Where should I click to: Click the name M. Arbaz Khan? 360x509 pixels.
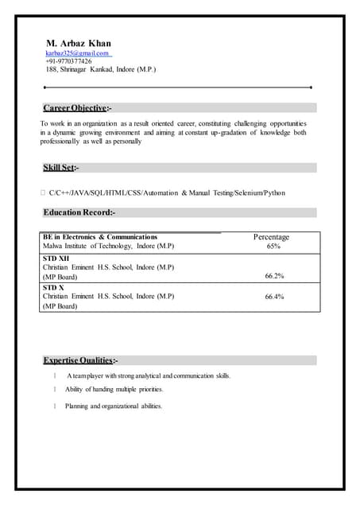pos(78,43)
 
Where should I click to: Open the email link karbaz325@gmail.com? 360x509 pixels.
pos(77,52)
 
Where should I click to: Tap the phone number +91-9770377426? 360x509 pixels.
pos(68,61)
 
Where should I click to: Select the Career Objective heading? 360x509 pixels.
pos(77,107)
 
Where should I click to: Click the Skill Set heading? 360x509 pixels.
pos(60,168)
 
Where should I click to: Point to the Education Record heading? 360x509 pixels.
pos(79,212)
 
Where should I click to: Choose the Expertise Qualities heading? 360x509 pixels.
pos(80,360)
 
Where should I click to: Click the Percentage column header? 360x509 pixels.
pos(271,237)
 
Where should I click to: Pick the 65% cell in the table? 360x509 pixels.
pos(273,247)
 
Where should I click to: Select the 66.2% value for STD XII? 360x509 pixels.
pos(274,276)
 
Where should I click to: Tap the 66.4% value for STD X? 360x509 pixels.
pos(274,297)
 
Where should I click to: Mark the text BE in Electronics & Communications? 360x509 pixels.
pos(100,237)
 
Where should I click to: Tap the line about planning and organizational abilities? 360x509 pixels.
pos(114,406)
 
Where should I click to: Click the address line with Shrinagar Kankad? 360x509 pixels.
pos(100,70)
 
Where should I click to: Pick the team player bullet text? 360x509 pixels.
pos(149,375)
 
